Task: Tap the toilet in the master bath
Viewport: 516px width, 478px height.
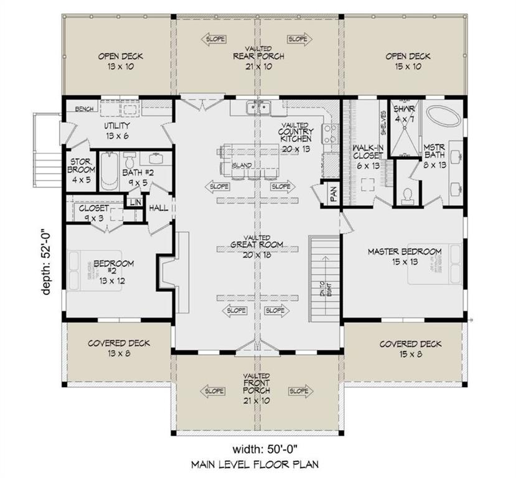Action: point(408,195)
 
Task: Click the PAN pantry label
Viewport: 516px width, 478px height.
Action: point(333,194)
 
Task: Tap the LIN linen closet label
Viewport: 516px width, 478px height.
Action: point(133,202)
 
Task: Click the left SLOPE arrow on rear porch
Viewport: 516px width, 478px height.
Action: point(213,39)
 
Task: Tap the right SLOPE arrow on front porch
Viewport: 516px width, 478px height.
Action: point(298,391)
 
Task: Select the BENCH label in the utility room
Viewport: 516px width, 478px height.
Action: point(84,109)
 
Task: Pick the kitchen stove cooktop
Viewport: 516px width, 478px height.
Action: point(331,134)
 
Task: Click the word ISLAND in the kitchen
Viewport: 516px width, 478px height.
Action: point(243,165)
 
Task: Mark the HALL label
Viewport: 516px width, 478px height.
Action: point(158,207)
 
